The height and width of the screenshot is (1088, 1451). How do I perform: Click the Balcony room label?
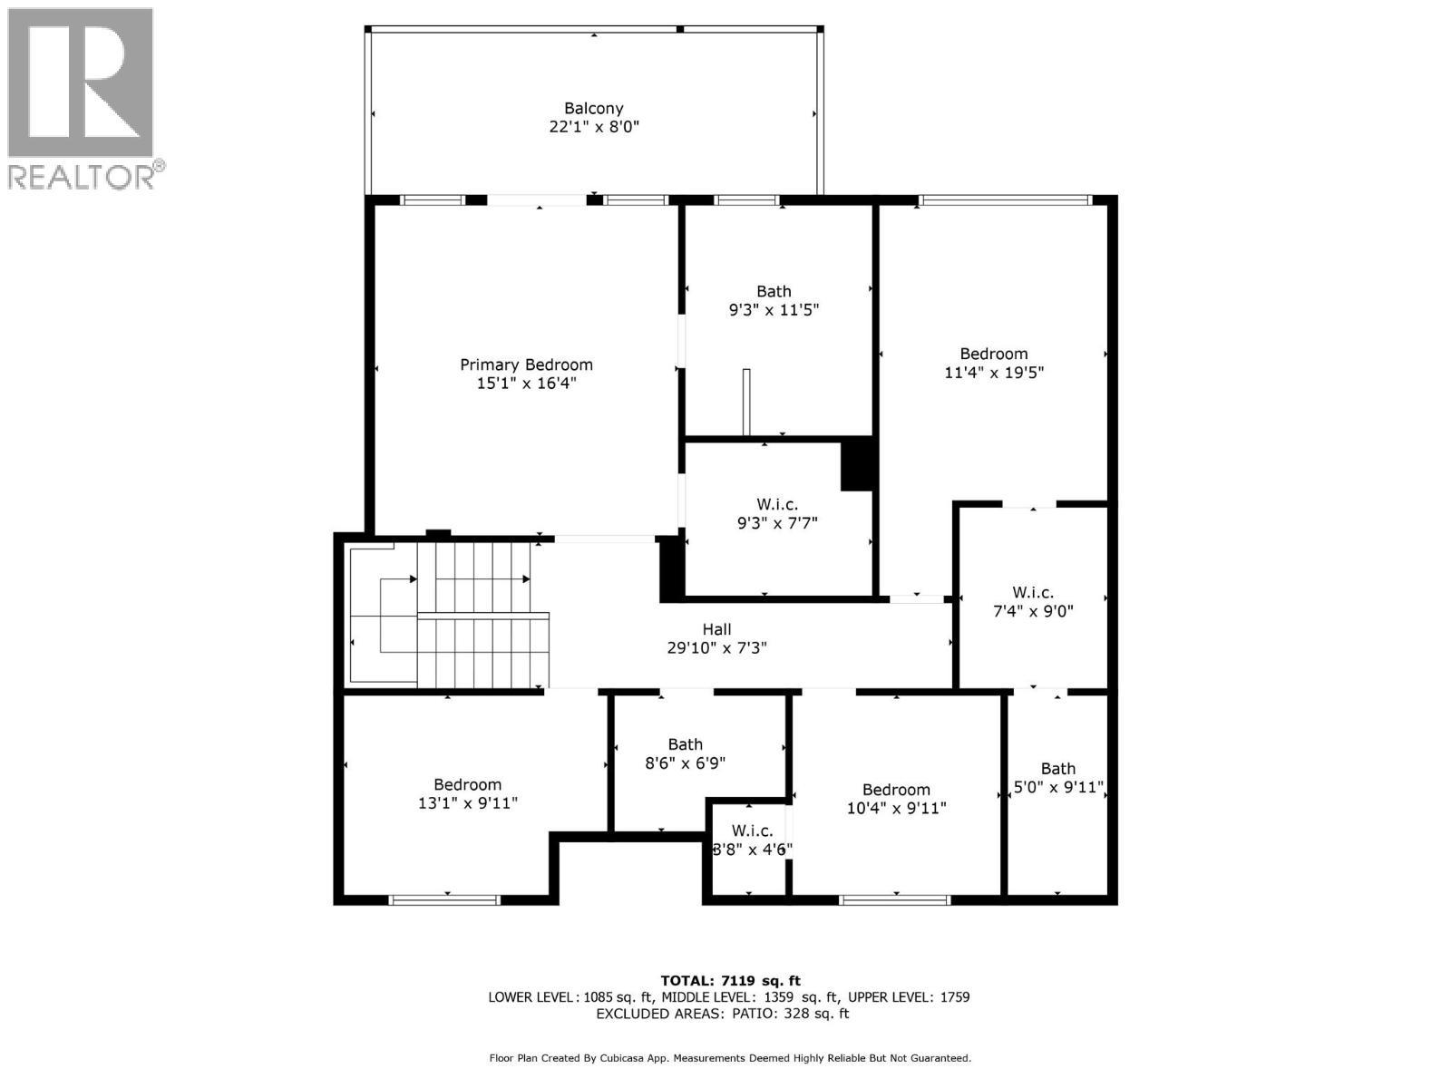tap(594, 108)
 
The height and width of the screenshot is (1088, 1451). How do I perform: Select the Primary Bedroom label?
tap(526, 364)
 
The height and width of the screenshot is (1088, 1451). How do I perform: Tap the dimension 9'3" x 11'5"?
tap(774, 310)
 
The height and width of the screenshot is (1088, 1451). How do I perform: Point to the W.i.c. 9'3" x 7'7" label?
tap(777, 504)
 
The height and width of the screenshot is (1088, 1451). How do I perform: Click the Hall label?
tap(716, 629)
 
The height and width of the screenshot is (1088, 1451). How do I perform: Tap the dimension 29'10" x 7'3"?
tap(716, 648)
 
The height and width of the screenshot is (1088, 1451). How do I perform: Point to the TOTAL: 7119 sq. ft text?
tap(730, 980)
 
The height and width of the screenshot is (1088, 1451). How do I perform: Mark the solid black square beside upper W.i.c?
tap(856, 464)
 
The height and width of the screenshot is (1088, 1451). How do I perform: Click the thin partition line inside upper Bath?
tap(746, 402)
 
